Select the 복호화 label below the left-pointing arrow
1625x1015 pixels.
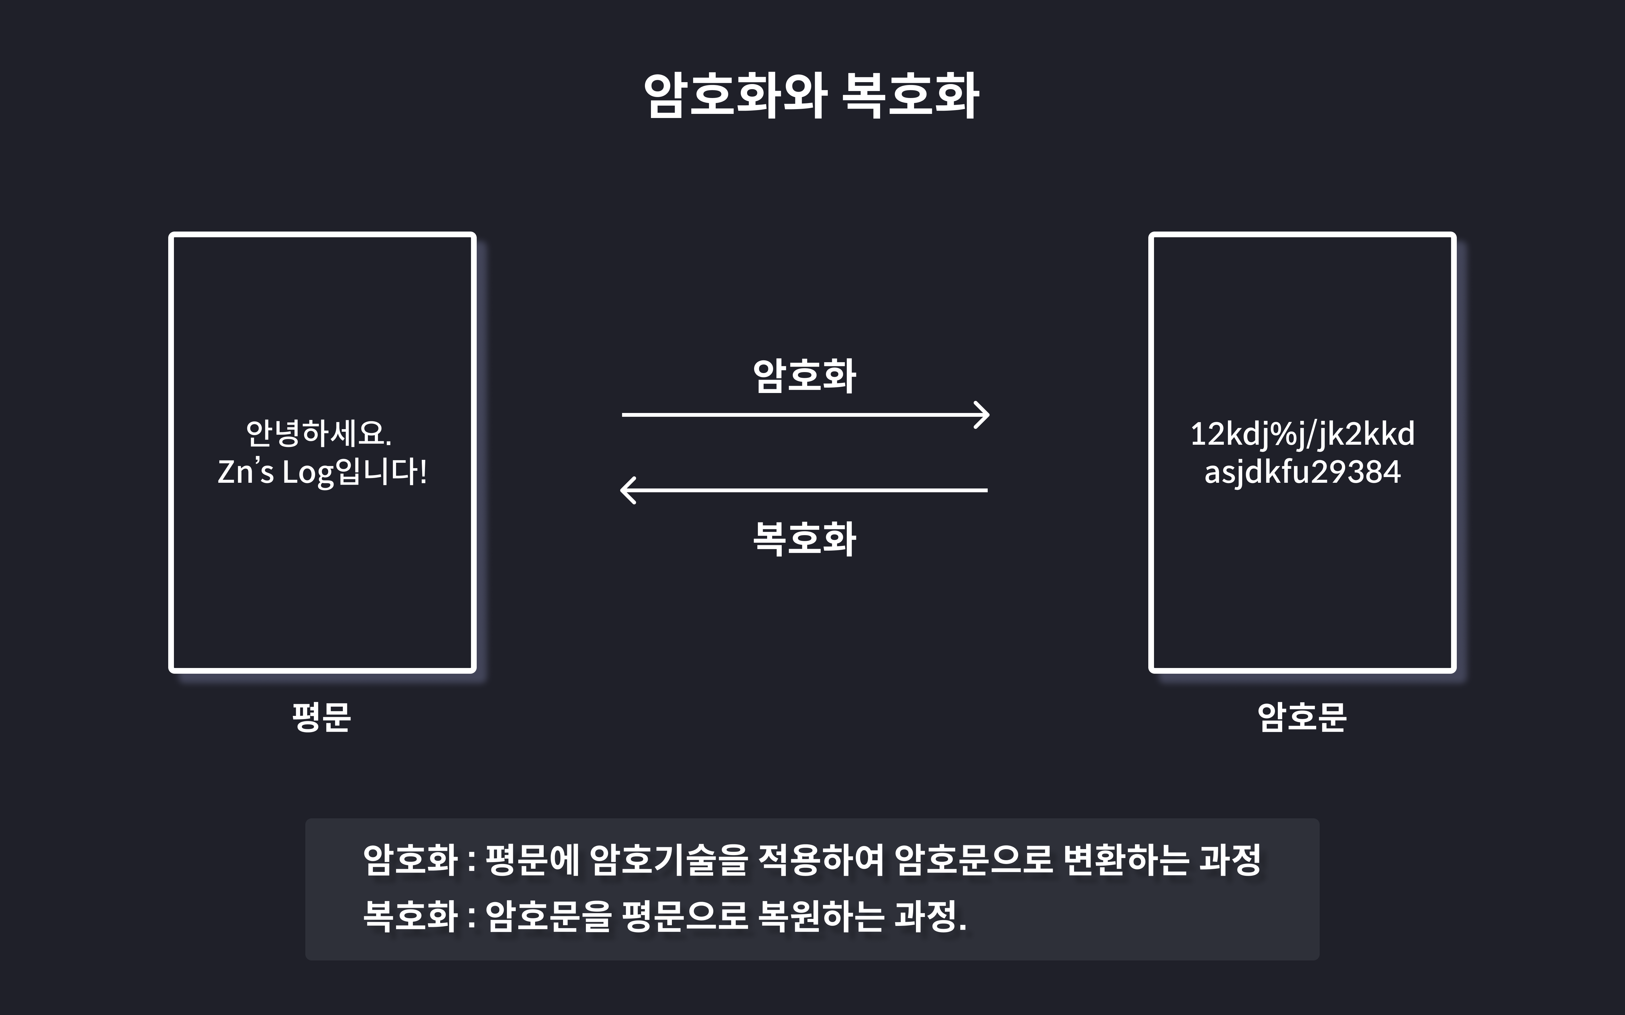(805, 539)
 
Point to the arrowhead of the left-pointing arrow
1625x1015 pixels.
(627, 490)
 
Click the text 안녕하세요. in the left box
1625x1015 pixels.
(318, 434)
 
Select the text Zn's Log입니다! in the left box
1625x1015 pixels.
(322, 472)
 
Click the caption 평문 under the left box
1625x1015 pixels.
(322, 717)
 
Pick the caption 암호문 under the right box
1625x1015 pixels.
(1302, 717)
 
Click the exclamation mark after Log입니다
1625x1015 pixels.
(423, 472)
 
